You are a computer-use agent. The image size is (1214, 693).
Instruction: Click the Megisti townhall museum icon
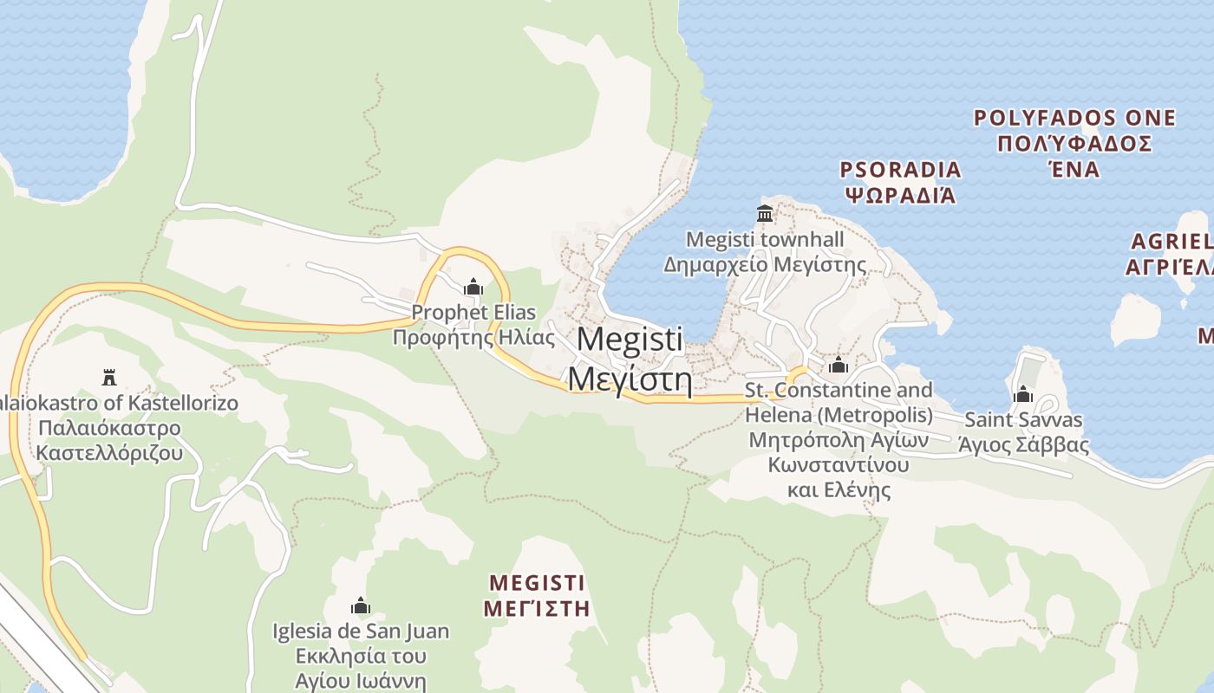(x=765, y=213)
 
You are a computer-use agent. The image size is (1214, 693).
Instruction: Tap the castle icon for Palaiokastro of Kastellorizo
(x=109, y=378)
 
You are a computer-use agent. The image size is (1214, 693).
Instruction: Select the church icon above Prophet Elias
(x=473, y=286)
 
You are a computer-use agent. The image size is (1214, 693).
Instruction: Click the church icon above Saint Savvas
(x=1023, y=395)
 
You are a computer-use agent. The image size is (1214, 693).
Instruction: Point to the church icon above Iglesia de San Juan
(x=360, y=606)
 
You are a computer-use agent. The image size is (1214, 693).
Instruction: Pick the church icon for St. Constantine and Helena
(x=838, y=365)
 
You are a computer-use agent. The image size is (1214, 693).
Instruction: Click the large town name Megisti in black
(x=630, y=339)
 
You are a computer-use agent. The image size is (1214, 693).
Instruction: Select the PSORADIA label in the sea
(x=901, y=169)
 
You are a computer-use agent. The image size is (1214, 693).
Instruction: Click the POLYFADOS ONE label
(x=1074, y=118)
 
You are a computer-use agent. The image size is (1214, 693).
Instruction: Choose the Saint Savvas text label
(x=1023, y=420)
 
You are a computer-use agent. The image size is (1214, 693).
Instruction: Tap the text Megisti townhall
(x=765, y=238)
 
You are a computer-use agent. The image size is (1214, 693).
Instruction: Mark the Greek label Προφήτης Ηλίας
(x=473, y=337)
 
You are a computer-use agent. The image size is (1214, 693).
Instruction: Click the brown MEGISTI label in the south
(x=537, y=581)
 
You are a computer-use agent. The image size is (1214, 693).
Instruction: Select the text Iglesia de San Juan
(x=361, y=631)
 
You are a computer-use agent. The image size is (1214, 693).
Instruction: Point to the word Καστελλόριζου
(x=109, y=453)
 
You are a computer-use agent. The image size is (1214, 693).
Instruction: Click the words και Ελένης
(x=839, y=490)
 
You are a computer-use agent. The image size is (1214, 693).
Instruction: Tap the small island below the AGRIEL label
(x=1135, y=318)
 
